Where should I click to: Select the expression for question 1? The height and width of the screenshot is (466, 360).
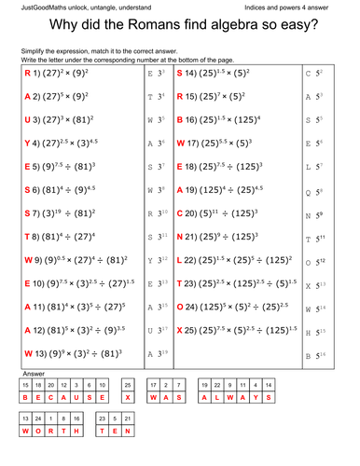click(x=76, y=72)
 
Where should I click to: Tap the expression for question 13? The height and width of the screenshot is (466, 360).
click(x=76, y=354)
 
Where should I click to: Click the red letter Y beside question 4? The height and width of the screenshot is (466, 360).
click(x=29, y=143)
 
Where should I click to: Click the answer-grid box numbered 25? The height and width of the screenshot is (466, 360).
click(x=128, y=384)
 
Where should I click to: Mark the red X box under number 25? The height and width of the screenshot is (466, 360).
click(x=128, y=397)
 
